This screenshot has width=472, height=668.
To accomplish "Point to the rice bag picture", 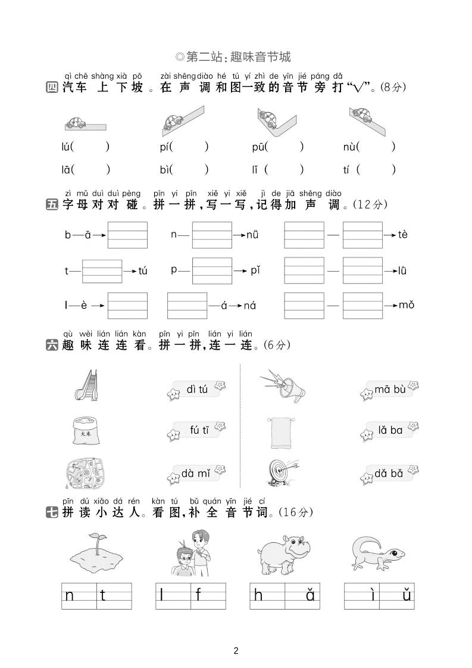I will pos(85,429).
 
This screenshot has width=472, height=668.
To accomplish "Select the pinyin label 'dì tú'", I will pos(196,390).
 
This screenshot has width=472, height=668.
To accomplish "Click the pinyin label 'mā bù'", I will pos(390,390).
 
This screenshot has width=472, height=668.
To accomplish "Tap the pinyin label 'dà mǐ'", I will pos(196,474).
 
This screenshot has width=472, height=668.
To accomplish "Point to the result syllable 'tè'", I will pos(403,235).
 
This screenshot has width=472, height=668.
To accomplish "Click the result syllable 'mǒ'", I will pos(407,305).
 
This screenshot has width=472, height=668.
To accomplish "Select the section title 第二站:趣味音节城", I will pos(236,57).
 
